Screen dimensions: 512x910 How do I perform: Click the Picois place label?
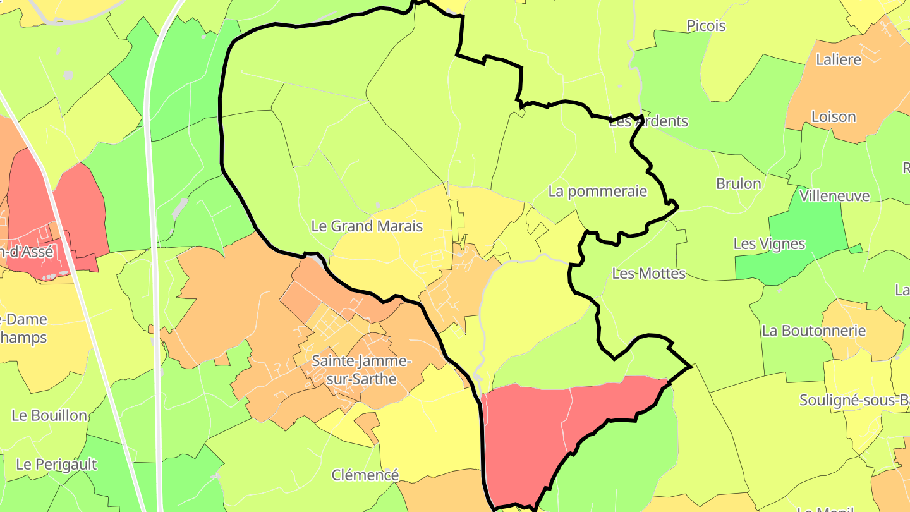click(x=706, y=26)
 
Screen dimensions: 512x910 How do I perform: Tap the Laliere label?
click(x=838, y=60)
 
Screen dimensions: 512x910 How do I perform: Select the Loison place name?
click(x=833, y=117)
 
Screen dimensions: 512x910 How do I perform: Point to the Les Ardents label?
click(x=648, y=121)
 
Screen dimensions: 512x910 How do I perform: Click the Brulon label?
click(x=738, y=184)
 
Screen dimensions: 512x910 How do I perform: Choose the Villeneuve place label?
click(x=834, y=196)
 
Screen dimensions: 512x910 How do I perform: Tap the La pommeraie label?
click(x=597, y=191)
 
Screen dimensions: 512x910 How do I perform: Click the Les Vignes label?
click(x=769, y=243)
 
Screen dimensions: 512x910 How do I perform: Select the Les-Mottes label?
click(x=648, y=274)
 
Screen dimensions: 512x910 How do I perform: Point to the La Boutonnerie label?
click(x=813, y=331)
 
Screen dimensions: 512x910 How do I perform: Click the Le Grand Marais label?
click(x=367, y=226)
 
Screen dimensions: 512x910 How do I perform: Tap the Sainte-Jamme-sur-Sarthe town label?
click(x=361, y=370)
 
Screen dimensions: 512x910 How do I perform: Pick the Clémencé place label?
click(x=365, y=475)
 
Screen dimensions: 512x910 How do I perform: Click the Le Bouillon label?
click(x=49, y=415)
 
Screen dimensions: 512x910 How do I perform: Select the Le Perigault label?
click(x=56, y=465)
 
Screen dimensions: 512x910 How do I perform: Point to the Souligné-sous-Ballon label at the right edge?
click(x=853, y=400)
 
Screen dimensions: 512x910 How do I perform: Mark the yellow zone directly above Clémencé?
click(x=430, y=430)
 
